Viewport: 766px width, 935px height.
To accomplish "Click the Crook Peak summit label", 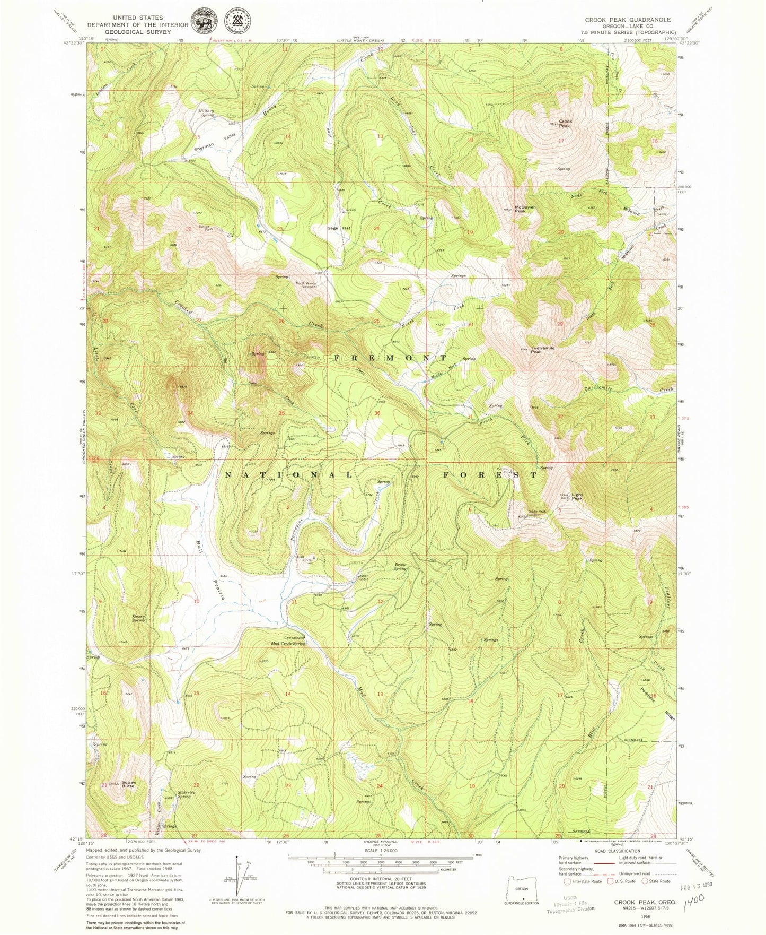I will (x=565, y=124).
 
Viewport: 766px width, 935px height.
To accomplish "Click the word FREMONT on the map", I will (x=390, y=358).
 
